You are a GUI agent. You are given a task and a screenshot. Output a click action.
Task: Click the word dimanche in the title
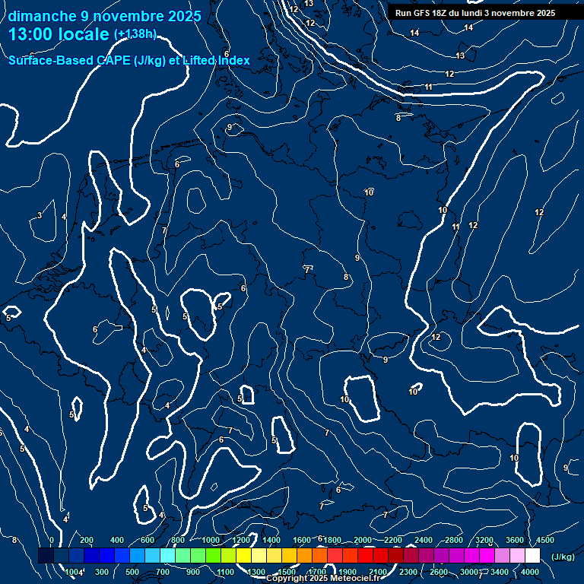click(43, 16)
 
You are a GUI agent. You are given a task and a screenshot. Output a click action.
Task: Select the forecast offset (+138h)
click(135, 34)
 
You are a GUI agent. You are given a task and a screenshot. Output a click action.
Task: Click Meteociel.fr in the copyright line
click(362, 579)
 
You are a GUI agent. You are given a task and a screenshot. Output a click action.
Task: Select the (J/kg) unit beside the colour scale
click(563, 557)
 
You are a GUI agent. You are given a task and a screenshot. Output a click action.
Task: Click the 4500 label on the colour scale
click(544, 540)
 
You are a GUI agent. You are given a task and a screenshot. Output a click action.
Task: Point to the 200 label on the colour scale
click(87, 540)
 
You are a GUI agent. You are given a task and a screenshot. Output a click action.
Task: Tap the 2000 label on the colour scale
click(363, 540)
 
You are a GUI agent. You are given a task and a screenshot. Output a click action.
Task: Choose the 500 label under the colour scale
click(133, 572)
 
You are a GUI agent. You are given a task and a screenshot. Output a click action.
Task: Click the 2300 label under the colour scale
click(408, 572)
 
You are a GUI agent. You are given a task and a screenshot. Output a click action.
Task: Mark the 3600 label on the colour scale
click(515, 540)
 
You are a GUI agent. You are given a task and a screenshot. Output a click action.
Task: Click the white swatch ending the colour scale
click(532, 557)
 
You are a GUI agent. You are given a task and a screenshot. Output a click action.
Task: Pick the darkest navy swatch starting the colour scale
click(46, 557)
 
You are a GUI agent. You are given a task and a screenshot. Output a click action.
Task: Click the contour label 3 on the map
click(40, 216)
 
